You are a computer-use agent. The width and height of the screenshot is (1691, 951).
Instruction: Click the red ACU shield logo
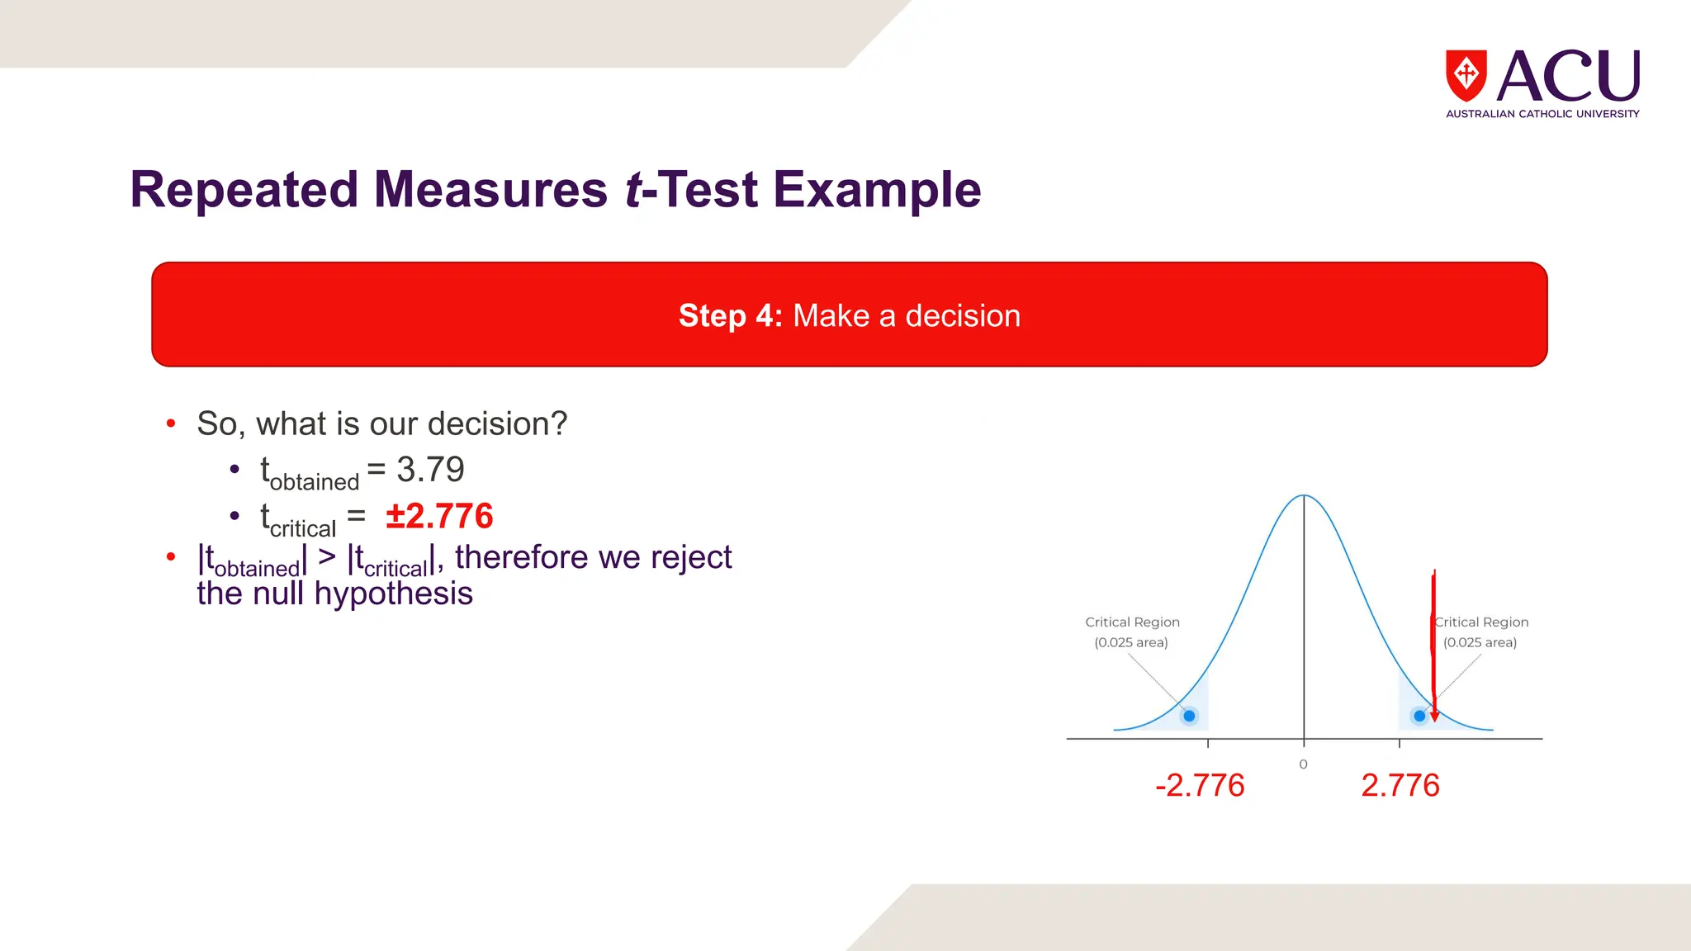pyautogui.click(x=1466, y=75)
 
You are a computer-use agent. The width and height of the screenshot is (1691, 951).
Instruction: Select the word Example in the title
pyautogui.click(x=876, y=190)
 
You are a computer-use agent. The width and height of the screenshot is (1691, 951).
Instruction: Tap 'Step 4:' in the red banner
pyautogui.click(x=730, y=316)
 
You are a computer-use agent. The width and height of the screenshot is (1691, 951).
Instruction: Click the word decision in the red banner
pyautogui.click(x=963, y=316)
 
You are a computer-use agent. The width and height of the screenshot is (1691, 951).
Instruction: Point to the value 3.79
pyautogui.click(x=430, y=470)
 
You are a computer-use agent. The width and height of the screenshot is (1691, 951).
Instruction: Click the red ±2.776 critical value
pyautogui.click(x=439, y=517)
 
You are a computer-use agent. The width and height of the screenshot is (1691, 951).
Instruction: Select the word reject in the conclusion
pyautogui.click(x=691, y=557)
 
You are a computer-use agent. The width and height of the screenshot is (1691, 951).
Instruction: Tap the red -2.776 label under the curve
pyautogui.click(x=1200, y=785)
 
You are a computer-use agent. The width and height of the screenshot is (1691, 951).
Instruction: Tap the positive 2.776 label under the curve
pyautogui.click(x=1400, y=785)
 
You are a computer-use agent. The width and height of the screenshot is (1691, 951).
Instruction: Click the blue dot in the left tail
pyautogui.click(x=1189, y=716)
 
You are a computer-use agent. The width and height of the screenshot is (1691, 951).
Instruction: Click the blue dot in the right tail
pyautogui.click(x=1419, y=716)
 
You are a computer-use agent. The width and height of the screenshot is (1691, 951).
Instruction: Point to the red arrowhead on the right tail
pyautogui.click(x=1435, y=716)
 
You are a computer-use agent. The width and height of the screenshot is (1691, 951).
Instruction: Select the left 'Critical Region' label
pyautogui.click(x=1132, y=622)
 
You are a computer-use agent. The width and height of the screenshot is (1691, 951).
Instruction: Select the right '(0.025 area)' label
pyautogui.click(x=1480, y=643)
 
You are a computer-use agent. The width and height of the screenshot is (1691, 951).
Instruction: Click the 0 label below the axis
pyautogui.click(x=1303, y=764)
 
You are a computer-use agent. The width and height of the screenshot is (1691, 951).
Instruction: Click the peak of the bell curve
pyautogui.click(x=1304, y=496)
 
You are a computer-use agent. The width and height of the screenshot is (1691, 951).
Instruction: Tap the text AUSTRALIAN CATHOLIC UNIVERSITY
pyautogui.click(x=1542, y=114)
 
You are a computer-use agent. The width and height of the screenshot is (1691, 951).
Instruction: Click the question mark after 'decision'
pyautogui.click(x=559, y=424)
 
